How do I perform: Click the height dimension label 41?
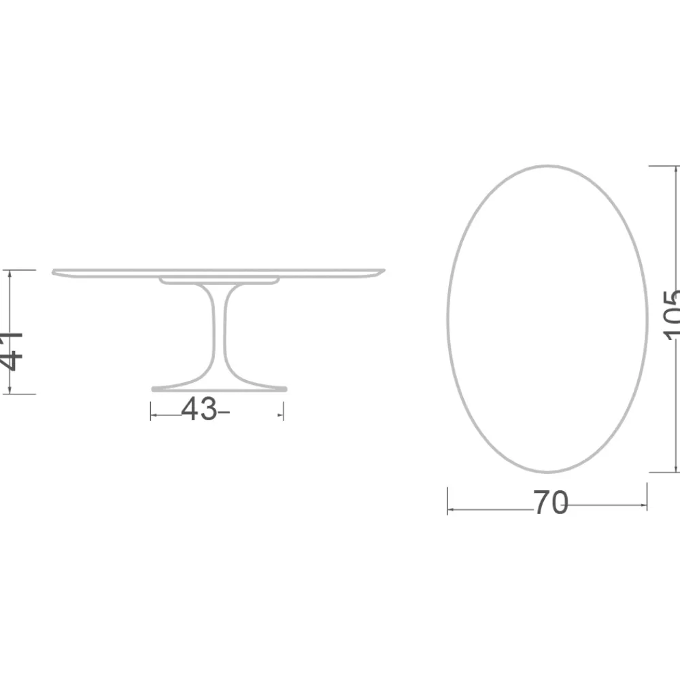[12, 350]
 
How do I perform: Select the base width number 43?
[199, 409]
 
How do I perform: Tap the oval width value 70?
[550, 503]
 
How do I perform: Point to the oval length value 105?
[671, 314]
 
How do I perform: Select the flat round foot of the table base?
[218, 389]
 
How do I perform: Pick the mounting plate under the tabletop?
[219, 279]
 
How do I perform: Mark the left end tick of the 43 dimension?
[151, 411]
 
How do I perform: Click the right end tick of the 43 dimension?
[283, 411]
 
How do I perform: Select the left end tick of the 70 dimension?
[447, 500]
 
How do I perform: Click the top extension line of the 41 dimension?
[20, 270]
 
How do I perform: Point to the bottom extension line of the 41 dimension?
[20, 394]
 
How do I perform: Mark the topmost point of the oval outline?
[547, 165]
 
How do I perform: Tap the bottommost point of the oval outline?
[547, 471]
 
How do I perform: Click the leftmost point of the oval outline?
[448, 318]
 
